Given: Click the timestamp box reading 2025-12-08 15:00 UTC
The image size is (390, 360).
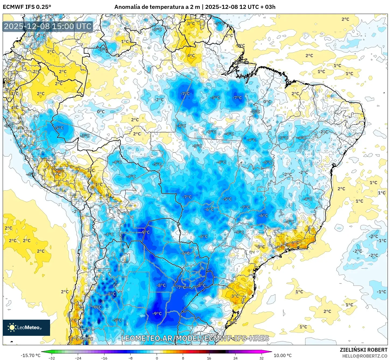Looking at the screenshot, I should click(48, 26).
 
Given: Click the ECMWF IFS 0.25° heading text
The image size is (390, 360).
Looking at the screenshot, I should click(27, 7).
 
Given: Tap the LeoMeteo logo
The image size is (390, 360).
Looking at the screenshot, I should click(26, 327).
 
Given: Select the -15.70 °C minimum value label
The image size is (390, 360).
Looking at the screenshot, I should click(30, 355).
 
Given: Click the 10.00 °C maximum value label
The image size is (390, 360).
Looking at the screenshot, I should click(283, 355).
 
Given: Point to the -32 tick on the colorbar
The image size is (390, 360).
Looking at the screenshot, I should click(52, 358).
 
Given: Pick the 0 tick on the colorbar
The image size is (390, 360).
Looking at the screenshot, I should click(157, 358).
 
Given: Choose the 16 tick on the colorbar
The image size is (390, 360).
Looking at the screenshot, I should click(209, 358).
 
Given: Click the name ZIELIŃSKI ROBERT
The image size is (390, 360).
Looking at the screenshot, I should click(363, 350).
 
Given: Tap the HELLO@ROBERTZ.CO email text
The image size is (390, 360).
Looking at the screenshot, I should click(365, 356).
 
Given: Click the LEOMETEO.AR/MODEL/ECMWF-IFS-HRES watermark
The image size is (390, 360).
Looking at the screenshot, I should click(195, 338).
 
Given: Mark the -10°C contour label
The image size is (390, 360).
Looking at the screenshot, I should click(87, 339).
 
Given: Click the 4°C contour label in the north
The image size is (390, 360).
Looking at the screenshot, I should click(191, 56).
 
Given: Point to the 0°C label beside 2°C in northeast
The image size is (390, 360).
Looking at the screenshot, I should click(267, 102).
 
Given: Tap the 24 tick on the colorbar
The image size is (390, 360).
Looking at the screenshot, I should click(235, 358).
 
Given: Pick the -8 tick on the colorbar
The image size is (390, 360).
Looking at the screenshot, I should click(131, 358).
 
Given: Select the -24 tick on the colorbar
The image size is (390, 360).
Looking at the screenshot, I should click(78, 358).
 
